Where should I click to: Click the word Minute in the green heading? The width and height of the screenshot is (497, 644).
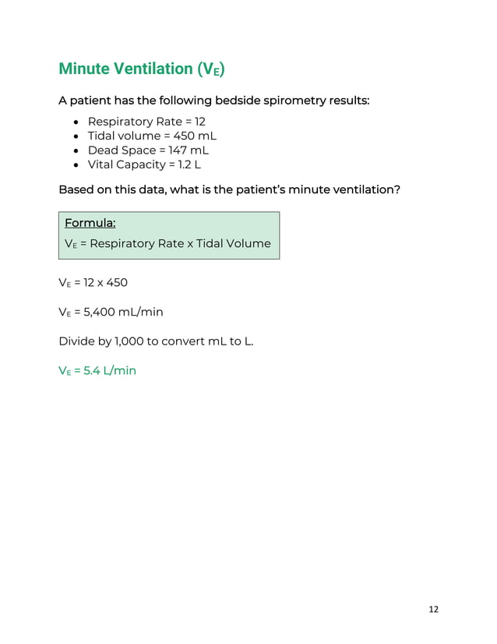pos(84,69)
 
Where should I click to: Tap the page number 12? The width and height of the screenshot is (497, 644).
pos(433,609)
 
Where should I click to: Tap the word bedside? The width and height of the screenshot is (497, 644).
pos(238,101)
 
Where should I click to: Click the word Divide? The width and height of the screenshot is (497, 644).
pos(76,341)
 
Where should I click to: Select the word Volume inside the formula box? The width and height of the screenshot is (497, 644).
pos(248,243)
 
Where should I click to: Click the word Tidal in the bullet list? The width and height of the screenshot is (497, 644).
pos(102,136)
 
